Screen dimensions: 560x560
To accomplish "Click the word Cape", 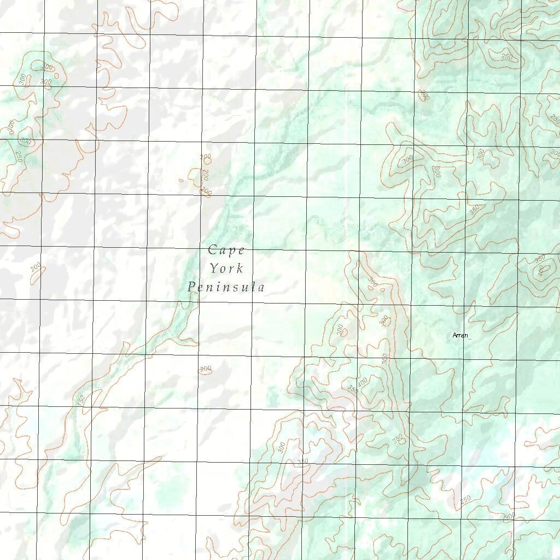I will [226, 250].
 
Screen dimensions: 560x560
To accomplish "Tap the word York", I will [226, 269].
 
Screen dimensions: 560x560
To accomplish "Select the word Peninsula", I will [226, 287].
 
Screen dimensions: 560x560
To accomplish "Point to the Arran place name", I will [460, 335].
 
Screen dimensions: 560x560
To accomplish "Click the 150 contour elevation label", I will [81, 400].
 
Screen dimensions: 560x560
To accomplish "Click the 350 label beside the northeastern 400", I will [540, 259].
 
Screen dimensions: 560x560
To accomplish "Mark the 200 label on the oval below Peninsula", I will [206, 370].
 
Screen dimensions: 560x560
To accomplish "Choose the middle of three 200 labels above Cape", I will [206, 175].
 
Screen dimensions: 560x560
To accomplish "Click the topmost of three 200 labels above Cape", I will [206, 157].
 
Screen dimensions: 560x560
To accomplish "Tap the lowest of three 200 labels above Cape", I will [206, 191].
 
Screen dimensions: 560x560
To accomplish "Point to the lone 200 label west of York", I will [36, 267].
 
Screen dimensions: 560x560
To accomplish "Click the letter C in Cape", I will [213, 250].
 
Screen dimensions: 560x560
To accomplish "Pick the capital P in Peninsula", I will [191, 287].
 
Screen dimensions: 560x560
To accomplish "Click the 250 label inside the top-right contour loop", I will [507, 57].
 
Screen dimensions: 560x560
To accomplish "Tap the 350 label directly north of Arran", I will [474, 209].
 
